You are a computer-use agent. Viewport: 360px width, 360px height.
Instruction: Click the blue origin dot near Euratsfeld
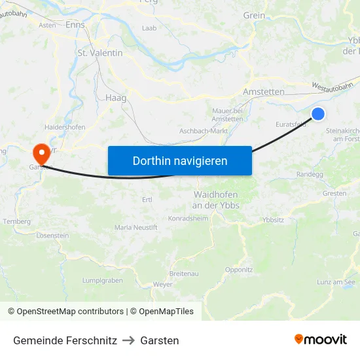pos(318,114)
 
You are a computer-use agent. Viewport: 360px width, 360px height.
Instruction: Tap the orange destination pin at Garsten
pos(41,154)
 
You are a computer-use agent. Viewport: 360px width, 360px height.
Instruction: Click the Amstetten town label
pos(264,92)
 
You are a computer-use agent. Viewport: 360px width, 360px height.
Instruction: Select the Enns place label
pos(75,25)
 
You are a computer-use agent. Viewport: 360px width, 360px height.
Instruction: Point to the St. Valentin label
pos(100,52)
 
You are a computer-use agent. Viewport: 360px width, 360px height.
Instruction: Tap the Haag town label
pos(115,98)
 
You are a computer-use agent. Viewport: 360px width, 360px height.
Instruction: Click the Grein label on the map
pos(254,15)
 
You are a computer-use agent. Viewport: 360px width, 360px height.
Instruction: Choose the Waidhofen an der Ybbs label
pos(216,200)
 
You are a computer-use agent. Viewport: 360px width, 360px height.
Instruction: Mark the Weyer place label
pos(162,285)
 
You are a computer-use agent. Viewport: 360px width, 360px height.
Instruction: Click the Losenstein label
pos(53,235)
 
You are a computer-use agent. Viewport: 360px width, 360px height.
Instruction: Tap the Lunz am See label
pos(336,282)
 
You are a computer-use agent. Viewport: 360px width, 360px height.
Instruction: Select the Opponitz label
pos(239,269)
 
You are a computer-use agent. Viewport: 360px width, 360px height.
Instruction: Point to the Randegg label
pos(310,175)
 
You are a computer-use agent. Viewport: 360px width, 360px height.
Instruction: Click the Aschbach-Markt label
pos(203,131)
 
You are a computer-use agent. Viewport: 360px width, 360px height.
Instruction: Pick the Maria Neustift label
pos(135,227)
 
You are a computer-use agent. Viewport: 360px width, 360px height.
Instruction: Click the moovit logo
pos(320,339)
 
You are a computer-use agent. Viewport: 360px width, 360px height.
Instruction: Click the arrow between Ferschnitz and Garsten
pos(128,340)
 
